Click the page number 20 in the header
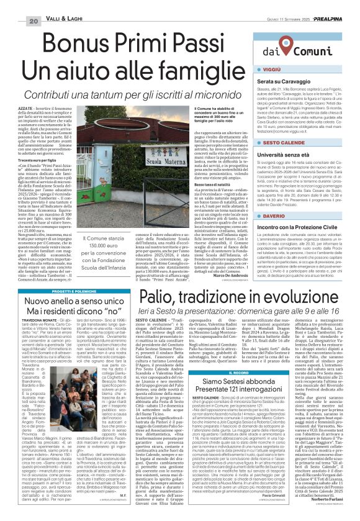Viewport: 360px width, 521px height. tap(17, 5)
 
